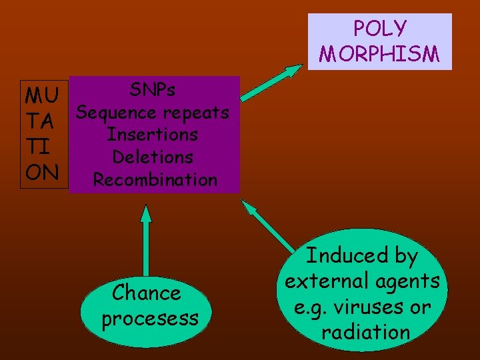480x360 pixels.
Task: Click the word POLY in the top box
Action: coord(379,29)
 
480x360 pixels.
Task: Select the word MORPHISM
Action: coord(379,53)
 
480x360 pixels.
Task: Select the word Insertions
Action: coord(153,135)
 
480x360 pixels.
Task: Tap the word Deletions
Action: coord(153,157)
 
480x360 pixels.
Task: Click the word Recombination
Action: coord(155,180)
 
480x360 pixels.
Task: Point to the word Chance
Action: coord(147,293)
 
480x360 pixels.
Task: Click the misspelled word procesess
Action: coord(150,318)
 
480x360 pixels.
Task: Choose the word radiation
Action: coord(365,332)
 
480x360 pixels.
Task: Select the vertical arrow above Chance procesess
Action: coord(146,240)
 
